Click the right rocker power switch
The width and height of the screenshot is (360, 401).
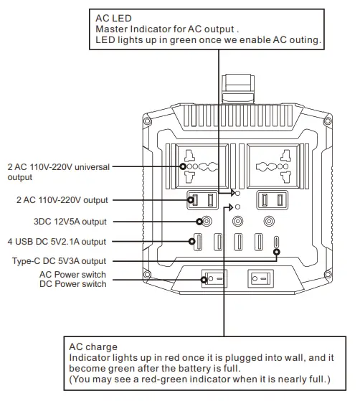[259, 278]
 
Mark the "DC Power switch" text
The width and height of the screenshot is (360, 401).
[72, 284]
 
